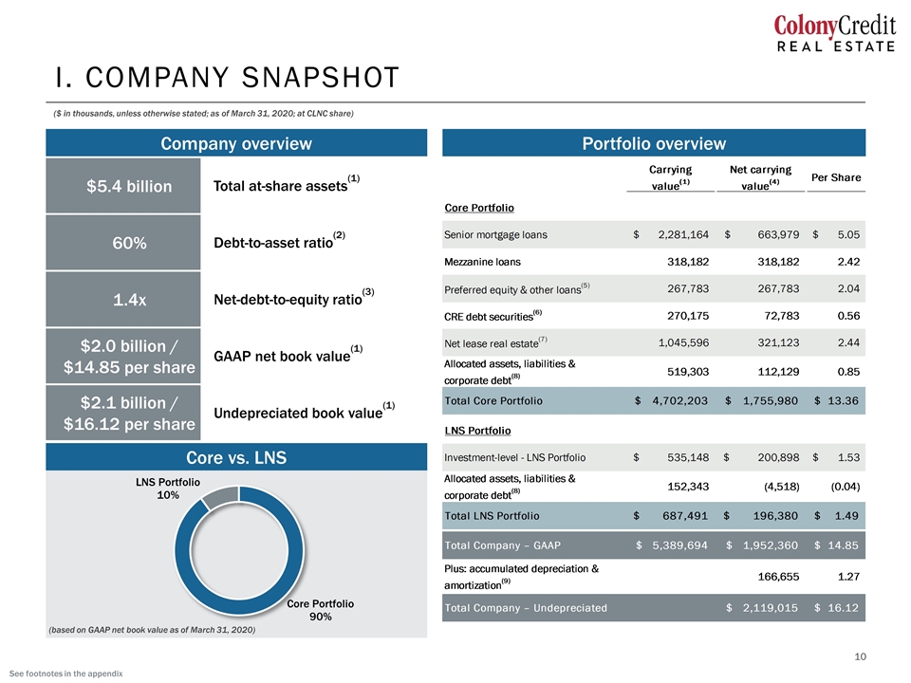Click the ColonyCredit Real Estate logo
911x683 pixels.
click(x=834, y=34)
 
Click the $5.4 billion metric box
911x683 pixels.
click(x=123, y=186)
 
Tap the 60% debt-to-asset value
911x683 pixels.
click(x=129, y=243)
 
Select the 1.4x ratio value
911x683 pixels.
click(x=129, y=300)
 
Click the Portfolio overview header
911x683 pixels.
click(x=654, y=143)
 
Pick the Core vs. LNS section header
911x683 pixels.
click(x=236, y=457)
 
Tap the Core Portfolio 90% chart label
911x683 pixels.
click(x=320, y=610)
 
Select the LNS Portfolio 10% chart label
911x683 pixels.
click(x=168, y=489)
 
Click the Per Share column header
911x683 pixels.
click(x=836, y=177)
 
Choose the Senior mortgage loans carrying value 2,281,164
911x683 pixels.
click(x=683, y=234)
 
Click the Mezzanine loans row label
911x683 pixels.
click(x=482, y=262)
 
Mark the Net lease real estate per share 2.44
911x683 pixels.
click(x=848, y=342)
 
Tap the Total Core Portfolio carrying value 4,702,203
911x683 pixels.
click(x=680, y=400)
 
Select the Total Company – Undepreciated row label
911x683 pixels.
click(x=526, y=608)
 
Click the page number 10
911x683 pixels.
click(x=860, y=656)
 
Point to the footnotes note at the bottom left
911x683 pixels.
click(x=66, y=674)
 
